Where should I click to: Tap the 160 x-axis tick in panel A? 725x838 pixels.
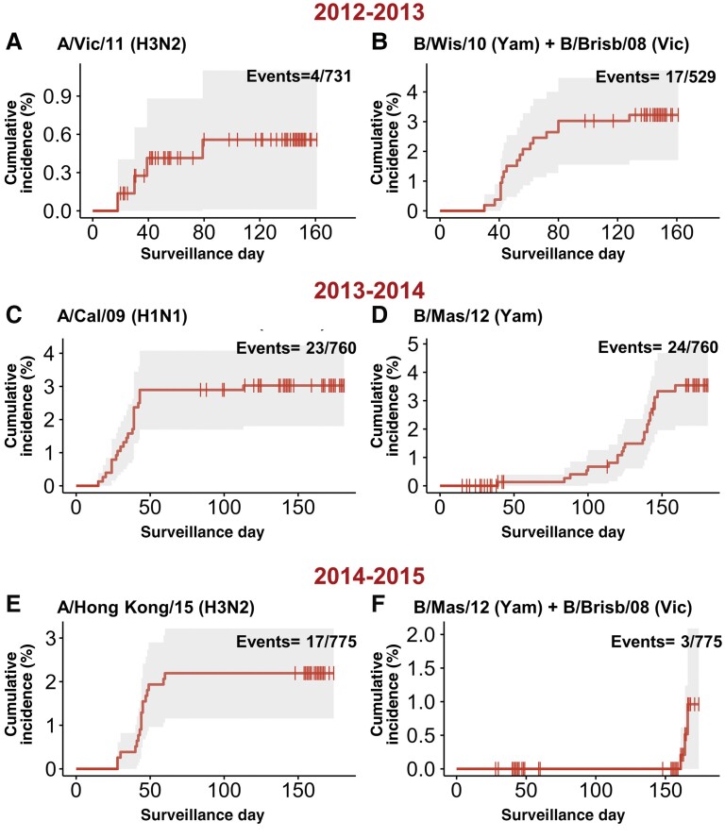tap(316, 232)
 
